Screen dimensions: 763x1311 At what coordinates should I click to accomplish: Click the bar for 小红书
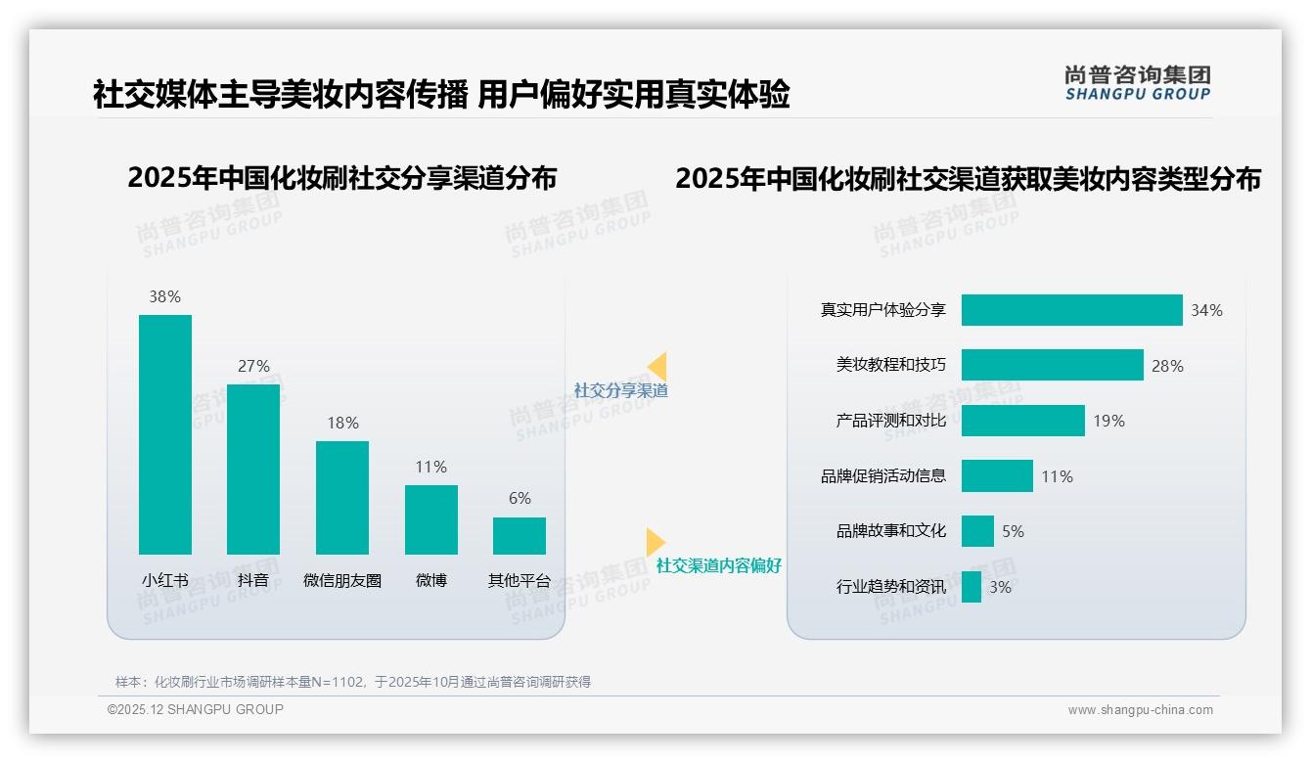pyautogui.click(x=165, y=434)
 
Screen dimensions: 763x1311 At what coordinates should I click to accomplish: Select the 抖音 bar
pyautogui.click(x=253, y=470)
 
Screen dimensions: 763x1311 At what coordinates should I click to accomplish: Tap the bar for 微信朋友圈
pyautogui.click(x=342, y=498)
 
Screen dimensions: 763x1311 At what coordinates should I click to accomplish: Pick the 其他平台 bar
pyautogui.click(x=520, y=536)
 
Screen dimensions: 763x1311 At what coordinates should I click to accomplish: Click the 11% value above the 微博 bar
pyautogui.click(x=430, y=467)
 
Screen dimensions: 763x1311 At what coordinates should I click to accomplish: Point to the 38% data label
pyautogui.click(x=164, y=296)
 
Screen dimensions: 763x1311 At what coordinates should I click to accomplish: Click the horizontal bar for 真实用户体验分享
pyautogui.click(x=1071, y=310)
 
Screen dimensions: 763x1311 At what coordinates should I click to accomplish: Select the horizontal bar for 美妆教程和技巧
pyautogui.click(x=1052, y=365)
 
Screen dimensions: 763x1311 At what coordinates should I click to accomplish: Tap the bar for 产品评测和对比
pyautogui.click(x=1022, y=421)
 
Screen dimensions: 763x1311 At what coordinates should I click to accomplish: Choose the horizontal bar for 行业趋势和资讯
pyautogui.click(x=971, y=587)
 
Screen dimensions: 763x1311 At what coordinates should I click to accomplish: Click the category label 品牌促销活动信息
pyautogui.click(x=883, y=476)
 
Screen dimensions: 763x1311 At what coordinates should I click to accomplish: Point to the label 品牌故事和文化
pyautogui.click(x=891, y=531)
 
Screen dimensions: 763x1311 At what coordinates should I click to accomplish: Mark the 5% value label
pyautogui.click(x=1013, y=531)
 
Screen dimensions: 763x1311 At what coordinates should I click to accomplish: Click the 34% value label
pyautogui.click(x=1206, y=310)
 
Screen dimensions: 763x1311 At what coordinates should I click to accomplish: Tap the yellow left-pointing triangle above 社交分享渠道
pyautogui.click(x=657, y=367)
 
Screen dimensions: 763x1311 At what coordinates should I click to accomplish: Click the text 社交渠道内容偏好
pyautogui.click(x=718, y=565)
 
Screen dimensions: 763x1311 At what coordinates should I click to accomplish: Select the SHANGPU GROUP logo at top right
pyautogui.click(x=1138, y=83)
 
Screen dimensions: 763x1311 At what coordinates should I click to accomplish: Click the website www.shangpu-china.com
pyautogui.click(x=1140, y=710)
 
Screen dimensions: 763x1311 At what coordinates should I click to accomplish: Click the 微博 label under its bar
pyautogui.click(x=430, y=580)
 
